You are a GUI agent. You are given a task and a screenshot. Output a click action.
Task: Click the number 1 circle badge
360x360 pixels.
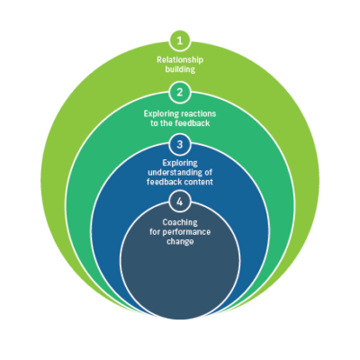(x=180, y=40)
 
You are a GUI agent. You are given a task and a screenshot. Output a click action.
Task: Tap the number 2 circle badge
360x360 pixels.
(x=180, y=92)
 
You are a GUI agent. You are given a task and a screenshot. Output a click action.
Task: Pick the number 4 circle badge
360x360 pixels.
(x=180, y=201)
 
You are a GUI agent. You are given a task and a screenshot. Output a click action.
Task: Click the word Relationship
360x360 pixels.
(x=180, y=59)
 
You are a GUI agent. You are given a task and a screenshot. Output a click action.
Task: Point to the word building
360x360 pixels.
(x=180, y=68)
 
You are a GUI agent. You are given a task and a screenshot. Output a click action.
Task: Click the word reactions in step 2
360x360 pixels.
(x=198, y=113)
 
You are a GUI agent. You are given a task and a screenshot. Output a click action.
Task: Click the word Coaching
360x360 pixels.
(x=180, y=222)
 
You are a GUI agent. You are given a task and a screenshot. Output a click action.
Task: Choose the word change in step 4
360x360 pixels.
(x=180, y=240)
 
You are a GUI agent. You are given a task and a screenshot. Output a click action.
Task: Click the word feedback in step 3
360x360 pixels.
(x=166, y=183)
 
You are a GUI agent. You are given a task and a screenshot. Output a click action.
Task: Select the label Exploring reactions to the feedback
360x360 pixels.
(x=180, y=118)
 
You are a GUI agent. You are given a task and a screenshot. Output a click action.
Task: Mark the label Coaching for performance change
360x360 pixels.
(x=180, y=231)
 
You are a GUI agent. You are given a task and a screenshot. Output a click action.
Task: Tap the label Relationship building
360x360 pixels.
(x=180, y=64)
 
